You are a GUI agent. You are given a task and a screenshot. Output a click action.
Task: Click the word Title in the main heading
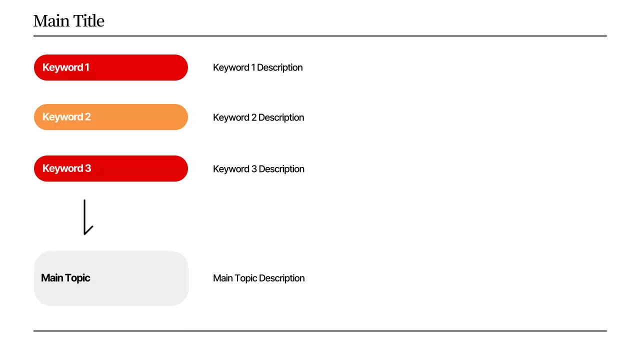coord(89,21)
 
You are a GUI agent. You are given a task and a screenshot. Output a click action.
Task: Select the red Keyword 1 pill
coord(111,67)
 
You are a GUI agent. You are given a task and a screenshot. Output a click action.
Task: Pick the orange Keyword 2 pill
coord(111,117)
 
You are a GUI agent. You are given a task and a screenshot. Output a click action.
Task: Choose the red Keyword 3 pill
coord(111,168)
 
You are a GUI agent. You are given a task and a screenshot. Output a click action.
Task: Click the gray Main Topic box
coord(111,278)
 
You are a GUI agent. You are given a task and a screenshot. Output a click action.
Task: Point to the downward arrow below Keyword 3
coord(85,216)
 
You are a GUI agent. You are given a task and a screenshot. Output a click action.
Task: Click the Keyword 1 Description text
coord(257,67)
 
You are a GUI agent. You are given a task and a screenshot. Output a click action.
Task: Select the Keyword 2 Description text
coord(258,117)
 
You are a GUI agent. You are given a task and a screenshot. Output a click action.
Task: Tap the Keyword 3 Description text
coord(258,169)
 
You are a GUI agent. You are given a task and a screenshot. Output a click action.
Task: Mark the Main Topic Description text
coord(258,278)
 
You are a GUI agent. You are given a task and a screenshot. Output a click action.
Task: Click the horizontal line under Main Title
coord(320,36)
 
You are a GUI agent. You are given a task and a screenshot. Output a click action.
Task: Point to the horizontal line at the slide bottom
coord(320,331)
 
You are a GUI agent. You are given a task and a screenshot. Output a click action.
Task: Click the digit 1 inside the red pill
coord(87,67)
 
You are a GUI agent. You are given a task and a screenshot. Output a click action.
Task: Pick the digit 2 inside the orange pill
coord(87,117)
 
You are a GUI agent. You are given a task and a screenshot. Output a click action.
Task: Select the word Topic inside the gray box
coord(77,278)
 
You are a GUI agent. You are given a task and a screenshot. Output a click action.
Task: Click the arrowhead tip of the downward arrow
coord(85,233)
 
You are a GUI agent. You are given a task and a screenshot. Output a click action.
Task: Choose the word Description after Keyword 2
coord(281,117)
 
